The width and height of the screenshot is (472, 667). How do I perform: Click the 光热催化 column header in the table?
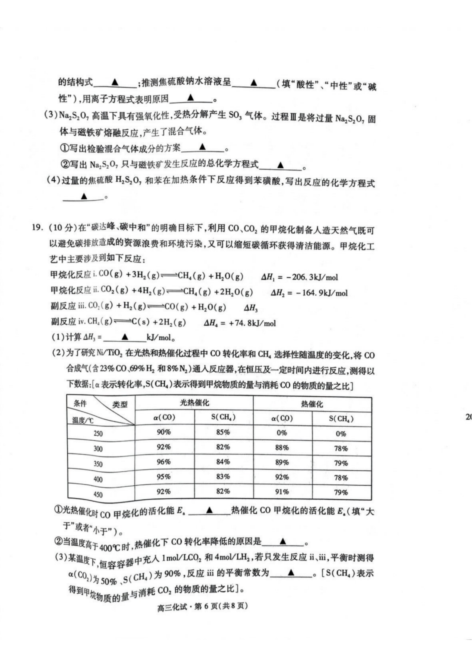194,403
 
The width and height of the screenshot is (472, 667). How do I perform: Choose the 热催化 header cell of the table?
312,404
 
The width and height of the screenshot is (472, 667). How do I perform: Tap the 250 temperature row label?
98,433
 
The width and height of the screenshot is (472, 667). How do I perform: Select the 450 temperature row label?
98,494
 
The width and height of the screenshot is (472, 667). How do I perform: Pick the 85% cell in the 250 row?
223,432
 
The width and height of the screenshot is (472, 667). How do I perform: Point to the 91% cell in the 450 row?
282,492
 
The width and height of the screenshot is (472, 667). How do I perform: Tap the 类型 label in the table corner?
120,404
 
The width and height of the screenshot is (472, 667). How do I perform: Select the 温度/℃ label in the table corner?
83,420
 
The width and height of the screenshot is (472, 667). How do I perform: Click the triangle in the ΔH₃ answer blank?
125,337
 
